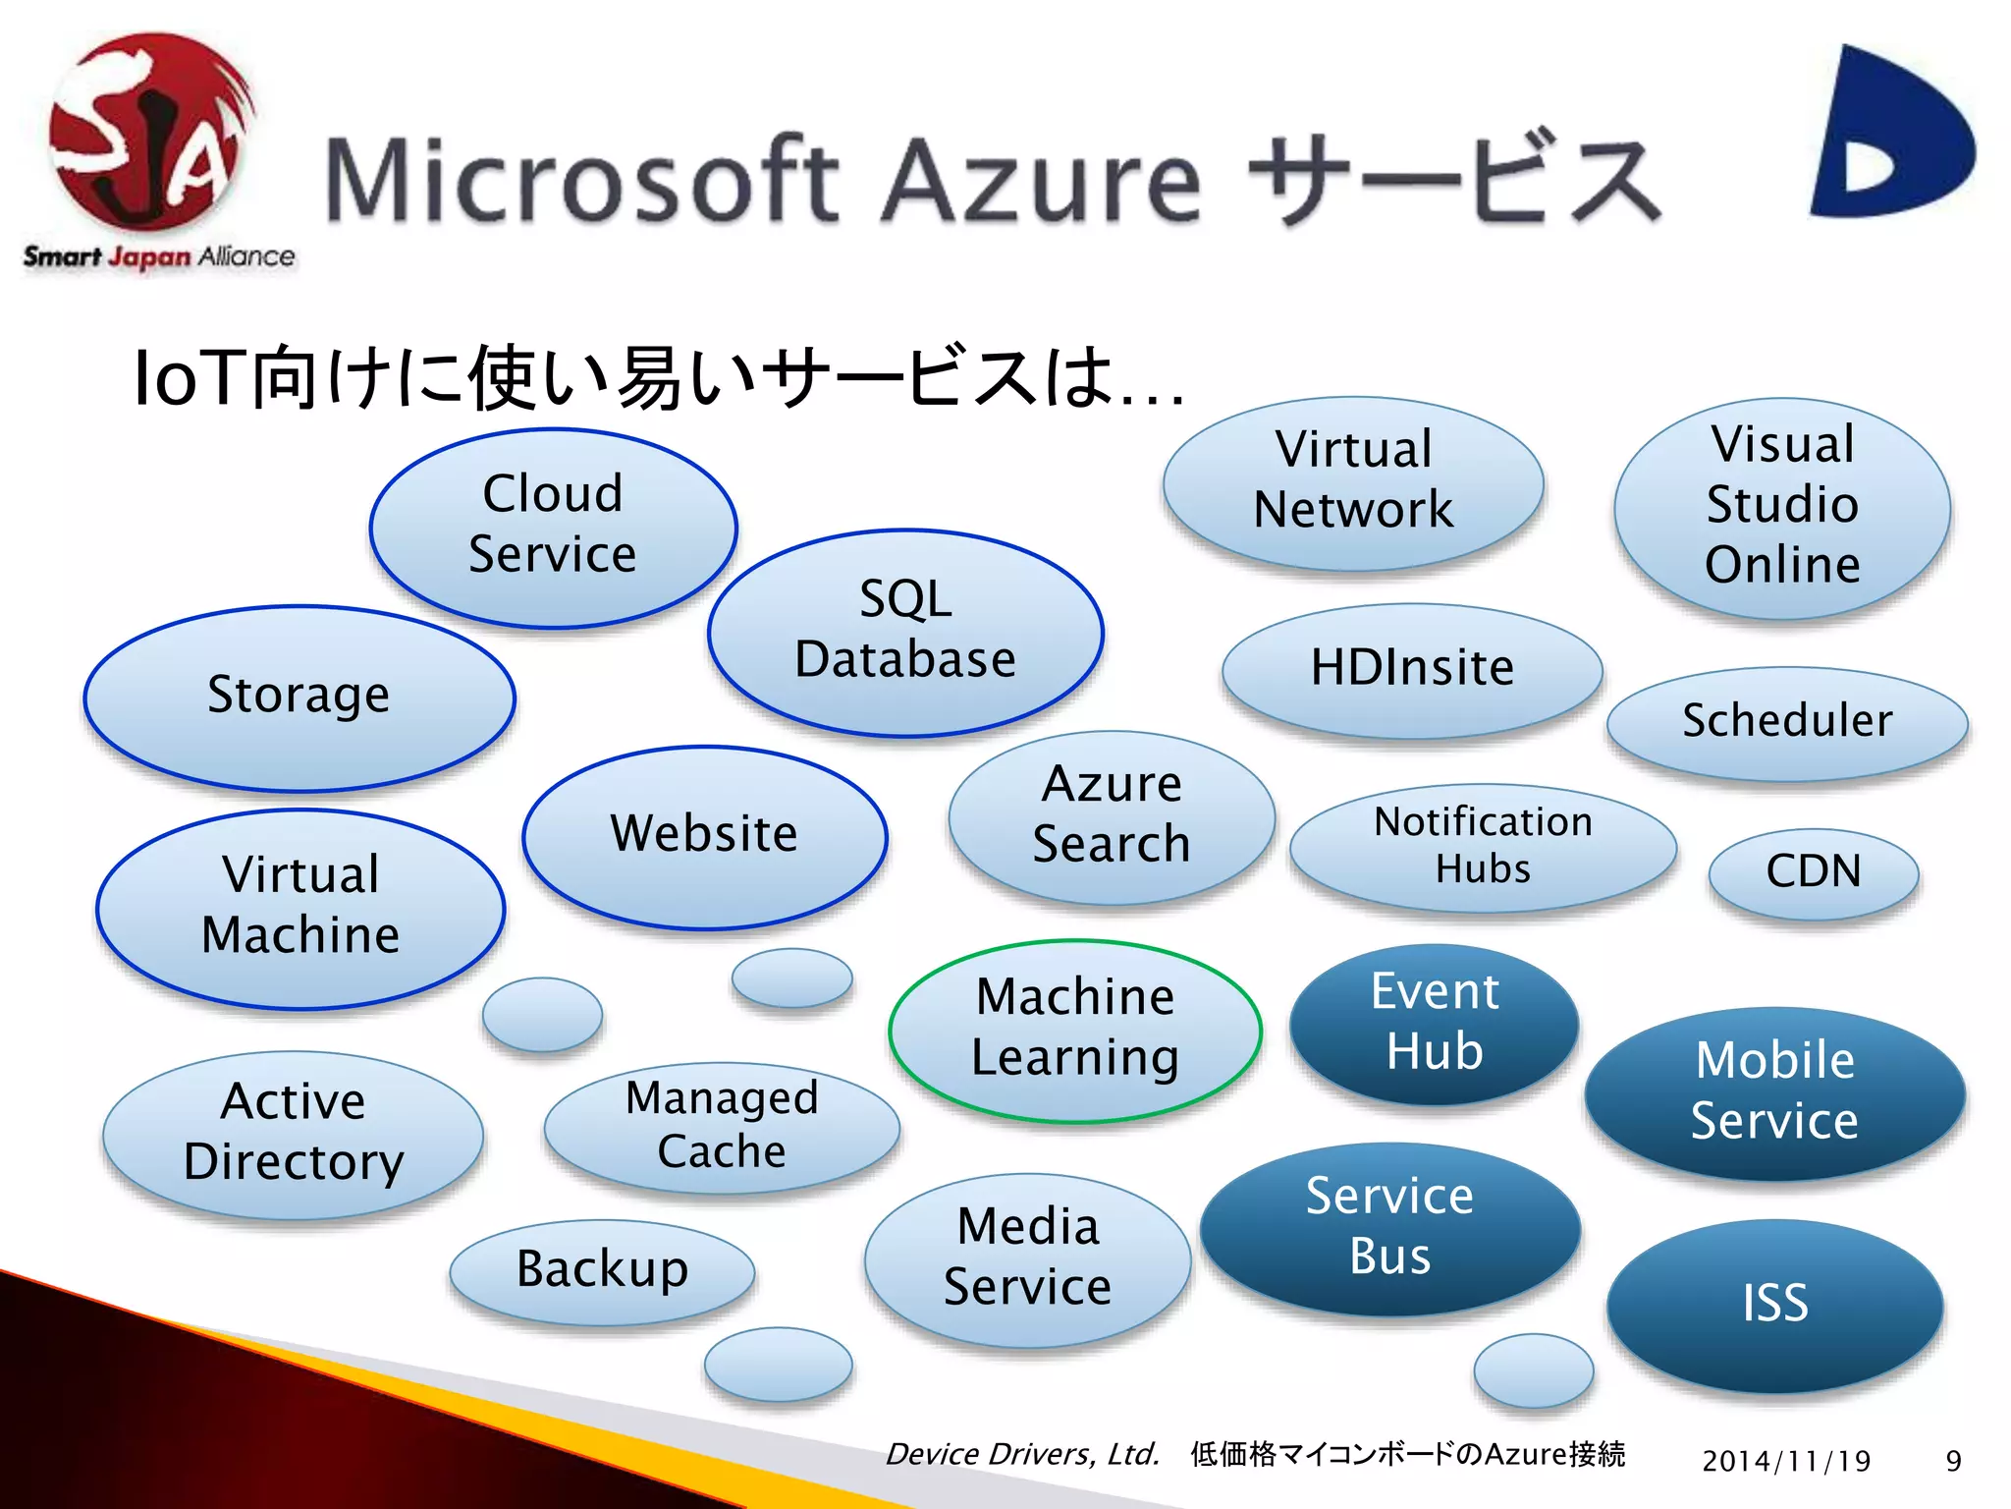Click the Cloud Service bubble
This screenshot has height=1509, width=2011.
[553, 528]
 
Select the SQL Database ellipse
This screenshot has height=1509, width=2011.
[904, 632]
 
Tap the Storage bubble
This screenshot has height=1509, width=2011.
[299, 698]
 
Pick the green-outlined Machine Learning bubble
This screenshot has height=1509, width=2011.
[1074, 1030]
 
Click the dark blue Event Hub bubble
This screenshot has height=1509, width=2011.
[1434, 1023]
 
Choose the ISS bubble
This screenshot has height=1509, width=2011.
[1774, 1305]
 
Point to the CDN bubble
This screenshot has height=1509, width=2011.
[1813, 872]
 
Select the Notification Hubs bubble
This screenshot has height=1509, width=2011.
[1482, 847]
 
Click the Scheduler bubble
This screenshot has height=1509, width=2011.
[1786, 722]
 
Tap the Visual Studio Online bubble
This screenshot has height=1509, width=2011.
[1781, 507]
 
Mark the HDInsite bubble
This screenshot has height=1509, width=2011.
[1411, 669]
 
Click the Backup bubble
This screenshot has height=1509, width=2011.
[602, 1270]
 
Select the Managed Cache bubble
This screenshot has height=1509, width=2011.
[722, 1126]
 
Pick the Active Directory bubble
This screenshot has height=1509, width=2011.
[293, 1134]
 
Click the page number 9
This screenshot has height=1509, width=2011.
[1953, 1461]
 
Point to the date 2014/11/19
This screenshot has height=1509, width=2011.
[1785, 1461]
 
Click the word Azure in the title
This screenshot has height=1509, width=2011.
[1042, 182]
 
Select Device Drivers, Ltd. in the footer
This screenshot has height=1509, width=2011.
[1022, 1454]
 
